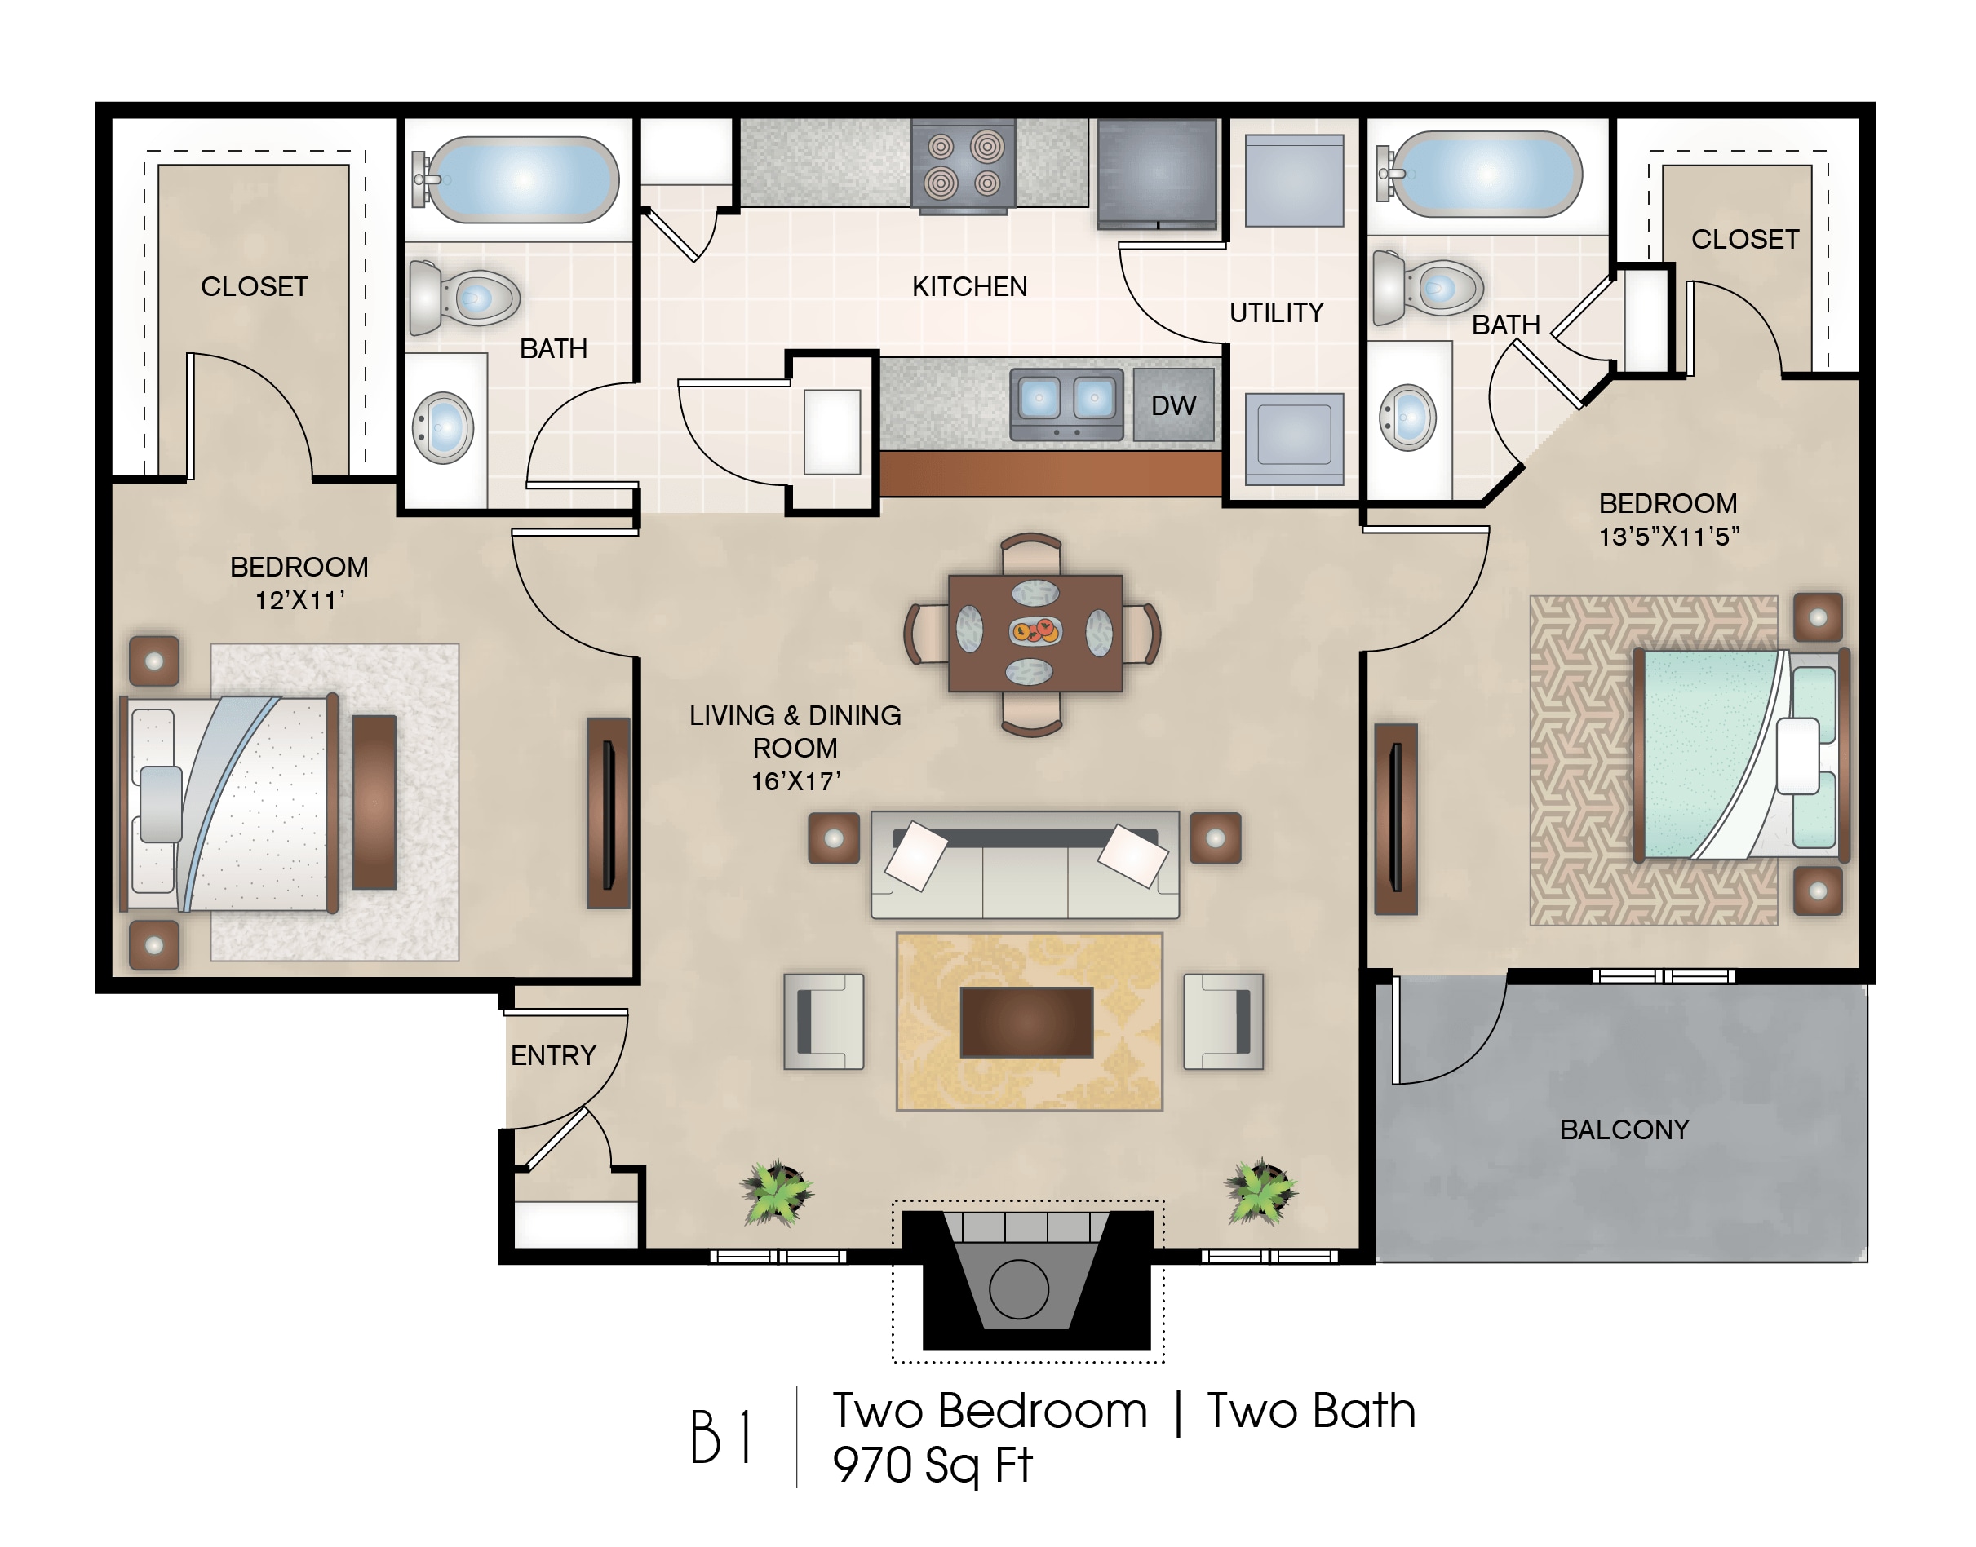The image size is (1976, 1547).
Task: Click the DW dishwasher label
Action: point(1173,406)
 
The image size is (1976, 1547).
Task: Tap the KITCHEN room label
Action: point(969,286)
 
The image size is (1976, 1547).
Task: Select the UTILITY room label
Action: point(1277,312)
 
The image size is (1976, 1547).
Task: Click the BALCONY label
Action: point(1624,1129)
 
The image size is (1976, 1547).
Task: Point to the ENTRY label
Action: point(554,1055)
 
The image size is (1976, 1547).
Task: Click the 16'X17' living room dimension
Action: point(796,780)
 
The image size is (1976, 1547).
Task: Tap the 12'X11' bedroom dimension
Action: point(300,599)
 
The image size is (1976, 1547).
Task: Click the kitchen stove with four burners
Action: point(963,166)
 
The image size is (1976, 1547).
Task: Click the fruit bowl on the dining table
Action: point(1035,630)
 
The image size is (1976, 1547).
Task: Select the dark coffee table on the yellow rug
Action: point(1026,1023)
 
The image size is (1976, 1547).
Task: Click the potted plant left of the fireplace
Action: point(777,1192)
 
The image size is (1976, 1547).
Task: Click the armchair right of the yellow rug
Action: point(1223,1022)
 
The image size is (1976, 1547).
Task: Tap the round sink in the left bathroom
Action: point(443,427)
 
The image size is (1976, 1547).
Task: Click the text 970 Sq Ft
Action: point(933,1465)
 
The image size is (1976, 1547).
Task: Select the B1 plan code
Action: point(720,1438)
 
